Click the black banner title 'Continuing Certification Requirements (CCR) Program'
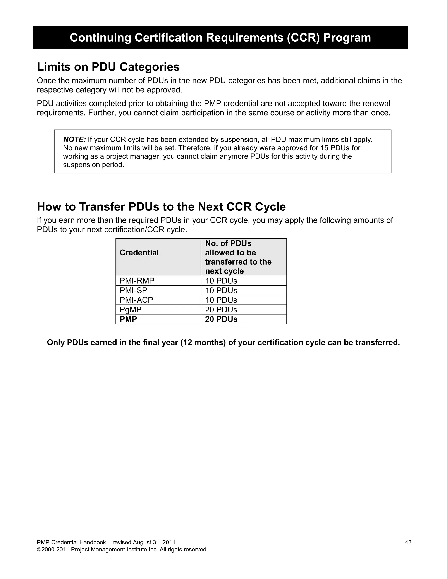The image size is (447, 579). [x=220, y=38]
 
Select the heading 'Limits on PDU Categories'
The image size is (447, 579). [x=108, y=67]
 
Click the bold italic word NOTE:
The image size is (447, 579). [x=74, y=139]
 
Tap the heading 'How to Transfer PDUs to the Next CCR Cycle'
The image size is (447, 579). [x=161, y=207]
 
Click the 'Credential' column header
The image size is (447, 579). [x=139, y=253]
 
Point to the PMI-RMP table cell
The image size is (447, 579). [x=137, y=281]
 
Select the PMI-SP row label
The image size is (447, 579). [x=133, y=290]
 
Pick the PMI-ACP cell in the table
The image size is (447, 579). [x=136, y=300]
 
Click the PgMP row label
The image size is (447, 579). [x=130, y=309]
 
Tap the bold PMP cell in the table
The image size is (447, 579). [x=128, y=319]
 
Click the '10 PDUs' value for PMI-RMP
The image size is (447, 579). [x=221, y=281]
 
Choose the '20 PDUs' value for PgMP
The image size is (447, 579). [x=221, y=309]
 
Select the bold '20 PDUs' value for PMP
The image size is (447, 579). [x=221, y=319]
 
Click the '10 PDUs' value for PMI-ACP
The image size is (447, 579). [x=221, y=300]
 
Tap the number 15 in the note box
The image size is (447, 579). [x=324, y=148]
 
